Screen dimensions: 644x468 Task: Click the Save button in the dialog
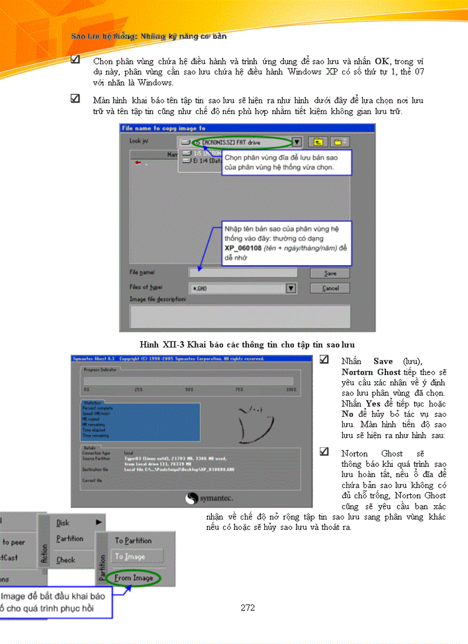pyautogui.click(x=330, y=274)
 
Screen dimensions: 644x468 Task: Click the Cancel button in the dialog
pyautogui.click(x=330, y=288)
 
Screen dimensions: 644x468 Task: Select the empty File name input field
pyautogui.click(x=243, y=273)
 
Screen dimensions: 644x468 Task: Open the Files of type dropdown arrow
pyautogui.click(x=291, y=288)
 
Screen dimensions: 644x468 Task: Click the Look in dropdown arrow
pyautogui.click(x=297, y=142)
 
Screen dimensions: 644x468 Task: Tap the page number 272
pyautogui.click(x=248, y=608)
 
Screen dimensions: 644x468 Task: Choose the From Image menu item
pyautogui.click(x=134, y=578)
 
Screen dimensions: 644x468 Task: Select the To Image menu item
pyautogui.click(x=130, y=556)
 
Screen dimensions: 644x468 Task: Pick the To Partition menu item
pyautogui.click(x=133, y=540)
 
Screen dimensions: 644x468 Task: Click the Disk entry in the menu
pyautogui.click(x=63, y=522)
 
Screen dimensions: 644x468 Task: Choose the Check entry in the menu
pyautogui.click(x=65, y=560)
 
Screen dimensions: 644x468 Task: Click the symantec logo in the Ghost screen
pyautogui.click(x=208, y=499)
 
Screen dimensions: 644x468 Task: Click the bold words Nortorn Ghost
pyautogui.click(x=370, y=372)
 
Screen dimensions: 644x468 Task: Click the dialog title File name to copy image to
pyautogui.click(x=163, y=128)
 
